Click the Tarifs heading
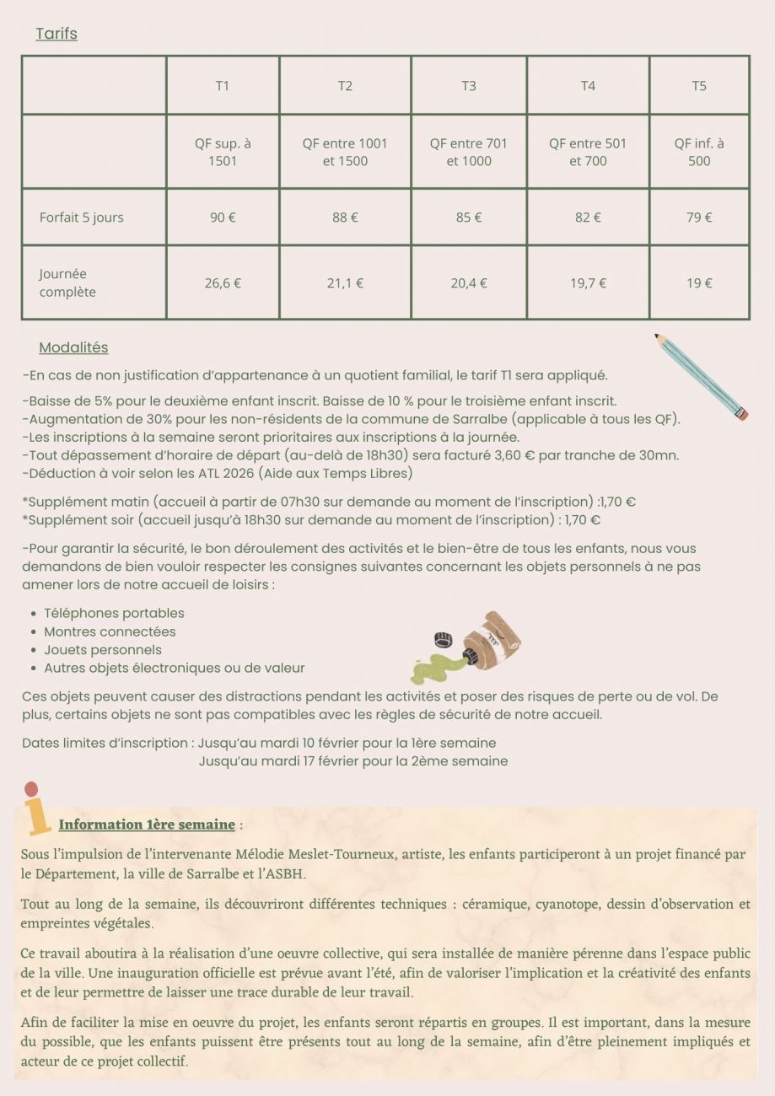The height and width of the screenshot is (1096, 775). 57,34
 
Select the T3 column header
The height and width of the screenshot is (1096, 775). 469,85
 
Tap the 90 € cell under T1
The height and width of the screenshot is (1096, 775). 223,218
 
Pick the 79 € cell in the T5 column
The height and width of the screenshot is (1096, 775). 699,218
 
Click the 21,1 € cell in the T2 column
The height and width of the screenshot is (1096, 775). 345,283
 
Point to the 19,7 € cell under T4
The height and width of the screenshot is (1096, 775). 588,283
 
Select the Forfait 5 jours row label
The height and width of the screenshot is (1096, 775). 82,218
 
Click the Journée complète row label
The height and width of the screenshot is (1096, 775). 67,283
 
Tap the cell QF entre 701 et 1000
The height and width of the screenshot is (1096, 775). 469,152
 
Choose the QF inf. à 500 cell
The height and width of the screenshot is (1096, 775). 699,152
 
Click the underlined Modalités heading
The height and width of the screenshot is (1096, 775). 73,347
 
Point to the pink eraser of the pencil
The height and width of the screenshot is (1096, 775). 742,415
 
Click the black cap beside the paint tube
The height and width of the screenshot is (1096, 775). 441,638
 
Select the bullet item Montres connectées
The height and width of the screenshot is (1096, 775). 110,631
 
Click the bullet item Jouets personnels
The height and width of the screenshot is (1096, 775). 103,650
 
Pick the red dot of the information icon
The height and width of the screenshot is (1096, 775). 31,790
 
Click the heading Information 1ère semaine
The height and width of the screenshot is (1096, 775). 147,825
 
